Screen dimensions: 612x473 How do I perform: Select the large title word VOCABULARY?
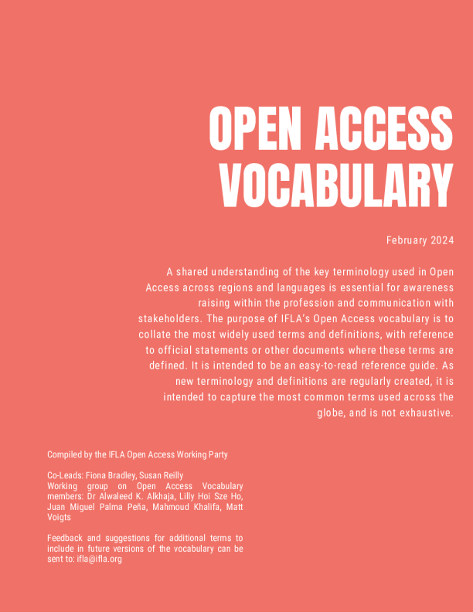point(336,185)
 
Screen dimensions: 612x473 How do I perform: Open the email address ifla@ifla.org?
point(99,559)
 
